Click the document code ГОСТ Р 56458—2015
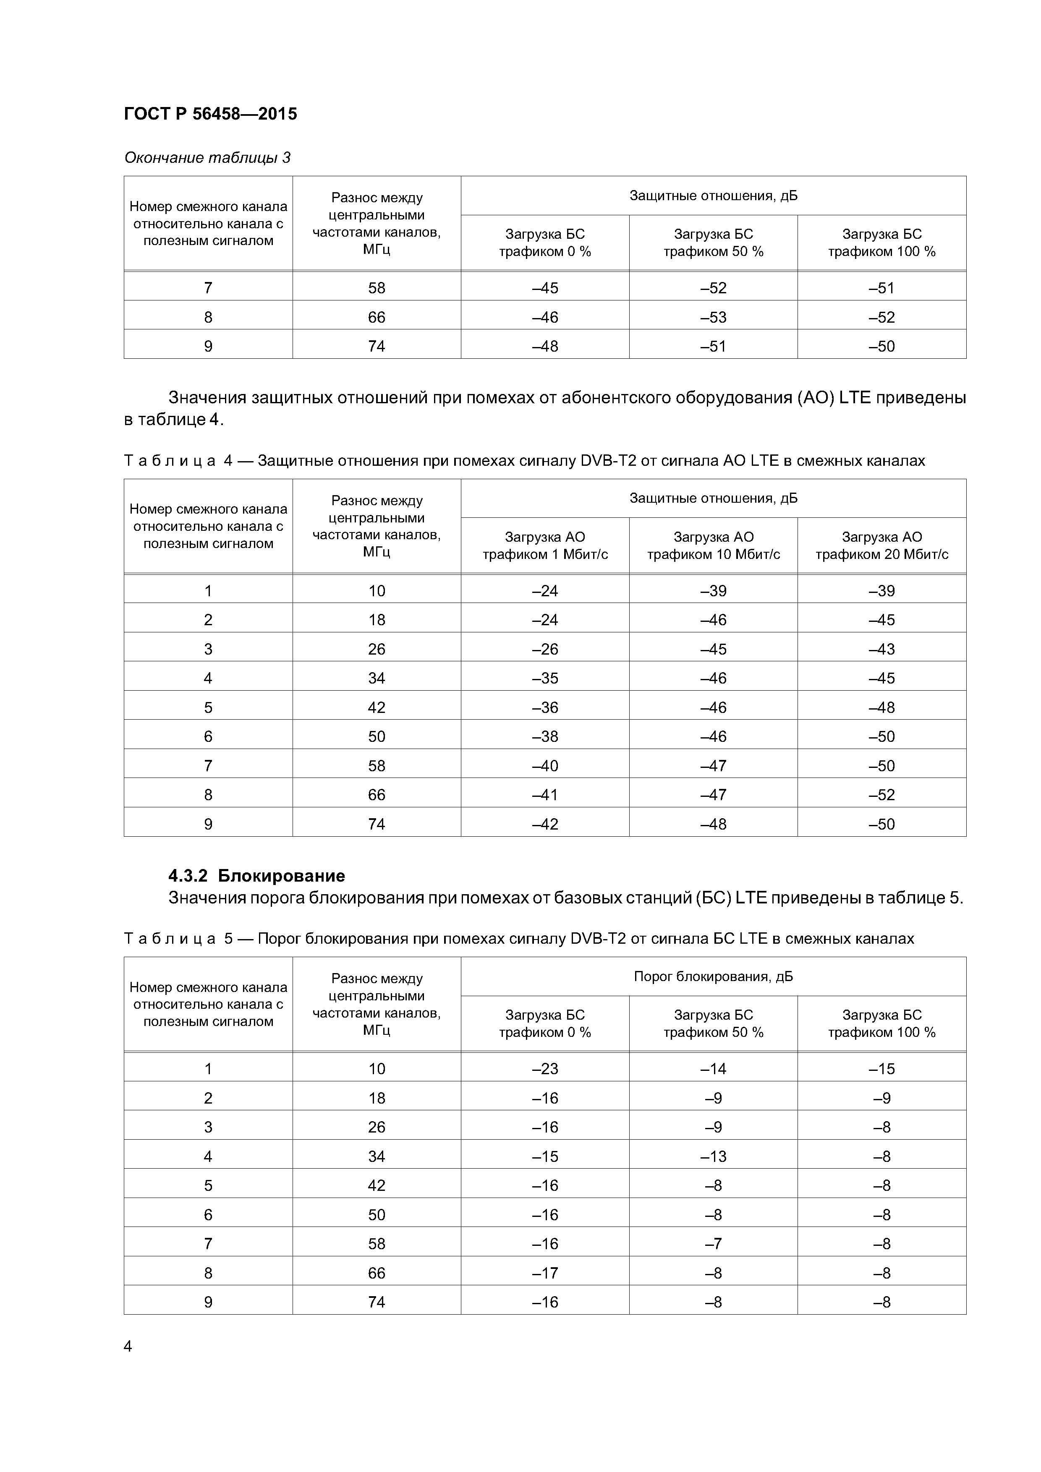(x=210, y=114)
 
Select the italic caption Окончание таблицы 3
(x=207, y=158)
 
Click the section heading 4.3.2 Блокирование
(x=256, y=876)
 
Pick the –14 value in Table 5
(x=713, y=1069)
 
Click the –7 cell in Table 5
(x=713, y=1244)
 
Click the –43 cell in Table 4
(x=881, y=650)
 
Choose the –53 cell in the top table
(x=713, y=317)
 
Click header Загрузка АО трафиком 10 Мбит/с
(x=713, y=545)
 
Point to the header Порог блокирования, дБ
(x=713, y=976)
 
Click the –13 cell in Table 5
(x=713, y=1156)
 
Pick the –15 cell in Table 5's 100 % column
(x=881, y=1069)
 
